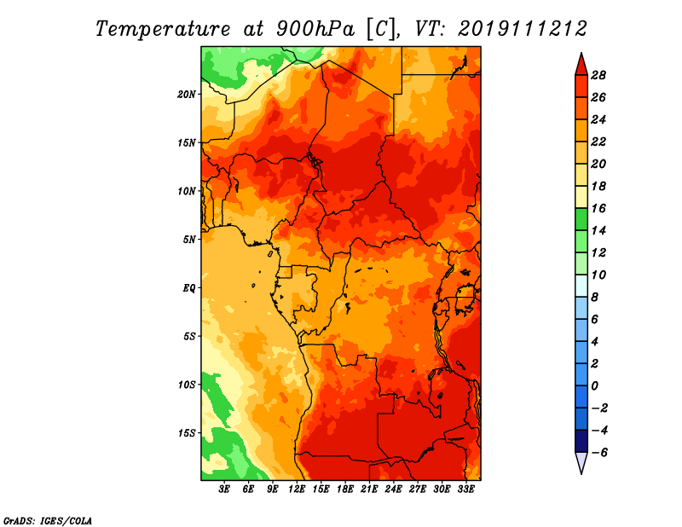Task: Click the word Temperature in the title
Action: (x=163, y=29)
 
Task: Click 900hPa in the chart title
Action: (x=315, y=29)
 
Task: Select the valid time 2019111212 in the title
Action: (x=523, y=29)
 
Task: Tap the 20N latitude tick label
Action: (x=187, y=95)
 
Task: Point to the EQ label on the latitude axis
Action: (x=188, y=288)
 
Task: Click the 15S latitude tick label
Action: (x=187, y=433)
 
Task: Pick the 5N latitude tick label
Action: (x=189, y=240)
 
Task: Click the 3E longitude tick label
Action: (x=224, y=489)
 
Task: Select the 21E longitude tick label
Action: (x=369, y=489)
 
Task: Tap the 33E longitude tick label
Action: (x=465, y=489)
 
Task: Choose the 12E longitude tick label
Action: (x=297, y=489)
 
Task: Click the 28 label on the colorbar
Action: (x=598, y=75)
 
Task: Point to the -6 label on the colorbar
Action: (x=599, y=453)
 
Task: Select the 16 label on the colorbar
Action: (x=598, y=208)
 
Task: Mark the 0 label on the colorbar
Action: (x=595, y=386)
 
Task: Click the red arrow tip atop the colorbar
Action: (x=581, y=54)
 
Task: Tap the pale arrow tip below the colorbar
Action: (x=581, y=473)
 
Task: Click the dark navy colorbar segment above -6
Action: (x=581, y=441)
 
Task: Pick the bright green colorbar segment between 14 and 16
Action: (x=581, y=219)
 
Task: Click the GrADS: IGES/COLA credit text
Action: (x=48, y=520)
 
